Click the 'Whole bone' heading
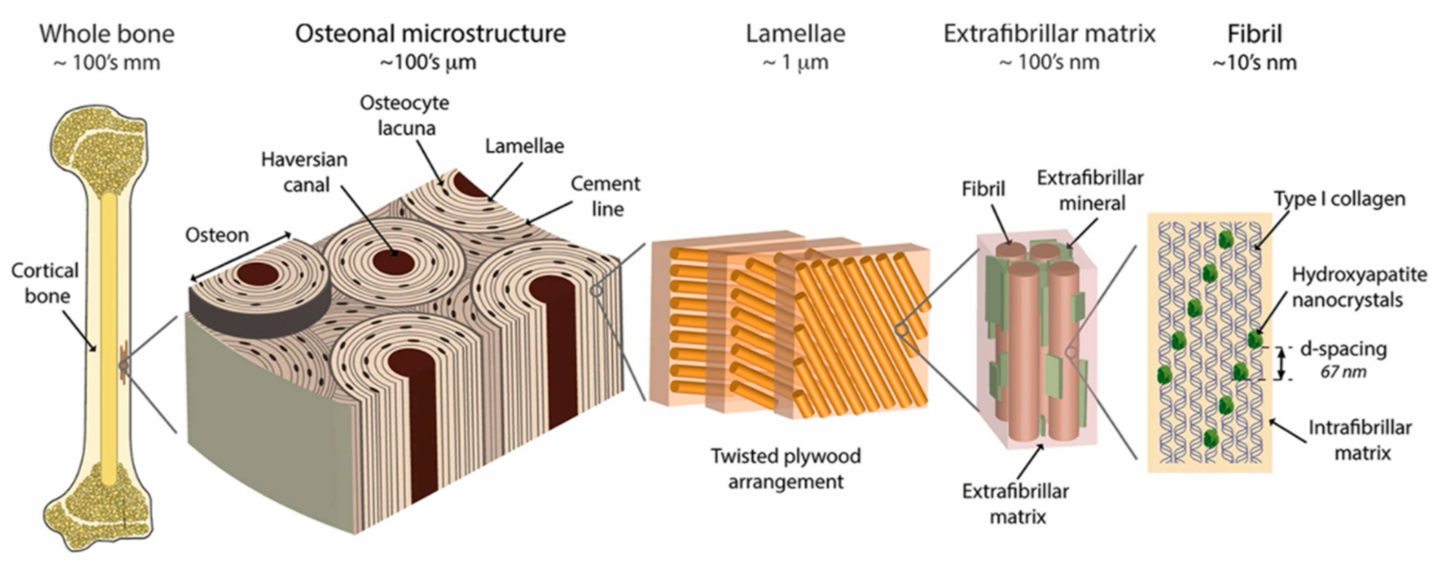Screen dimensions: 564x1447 tap(107, 34)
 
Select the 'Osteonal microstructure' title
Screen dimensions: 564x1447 tap(430, 34)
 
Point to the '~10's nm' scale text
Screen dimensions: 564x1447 tap(1254, 63)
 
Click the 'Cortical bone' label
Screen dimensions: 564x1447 tap(45, 283)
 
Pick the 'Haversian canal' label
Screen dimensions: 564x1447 tap(304, 171)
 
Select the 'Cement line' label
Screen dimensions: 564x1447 tap(606, 196)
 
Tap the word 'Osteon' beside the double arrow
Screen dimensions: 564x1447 tap(217, 234)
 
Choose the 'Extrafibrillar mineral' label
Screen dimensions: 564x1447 tap(1090, 190)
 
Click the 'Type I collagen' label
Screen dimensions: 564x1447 tap(1340, 199)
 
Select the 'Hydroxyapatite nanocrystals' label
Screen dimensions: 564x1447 tap(1358, 287)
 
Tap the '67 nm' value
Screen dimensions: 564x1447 tap(1343, 372)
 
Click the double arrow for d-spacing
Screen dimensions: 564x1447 tap(1281, 363)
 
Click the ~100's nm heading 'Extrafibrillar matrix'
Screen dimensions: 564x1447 tap(1049, 34)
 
